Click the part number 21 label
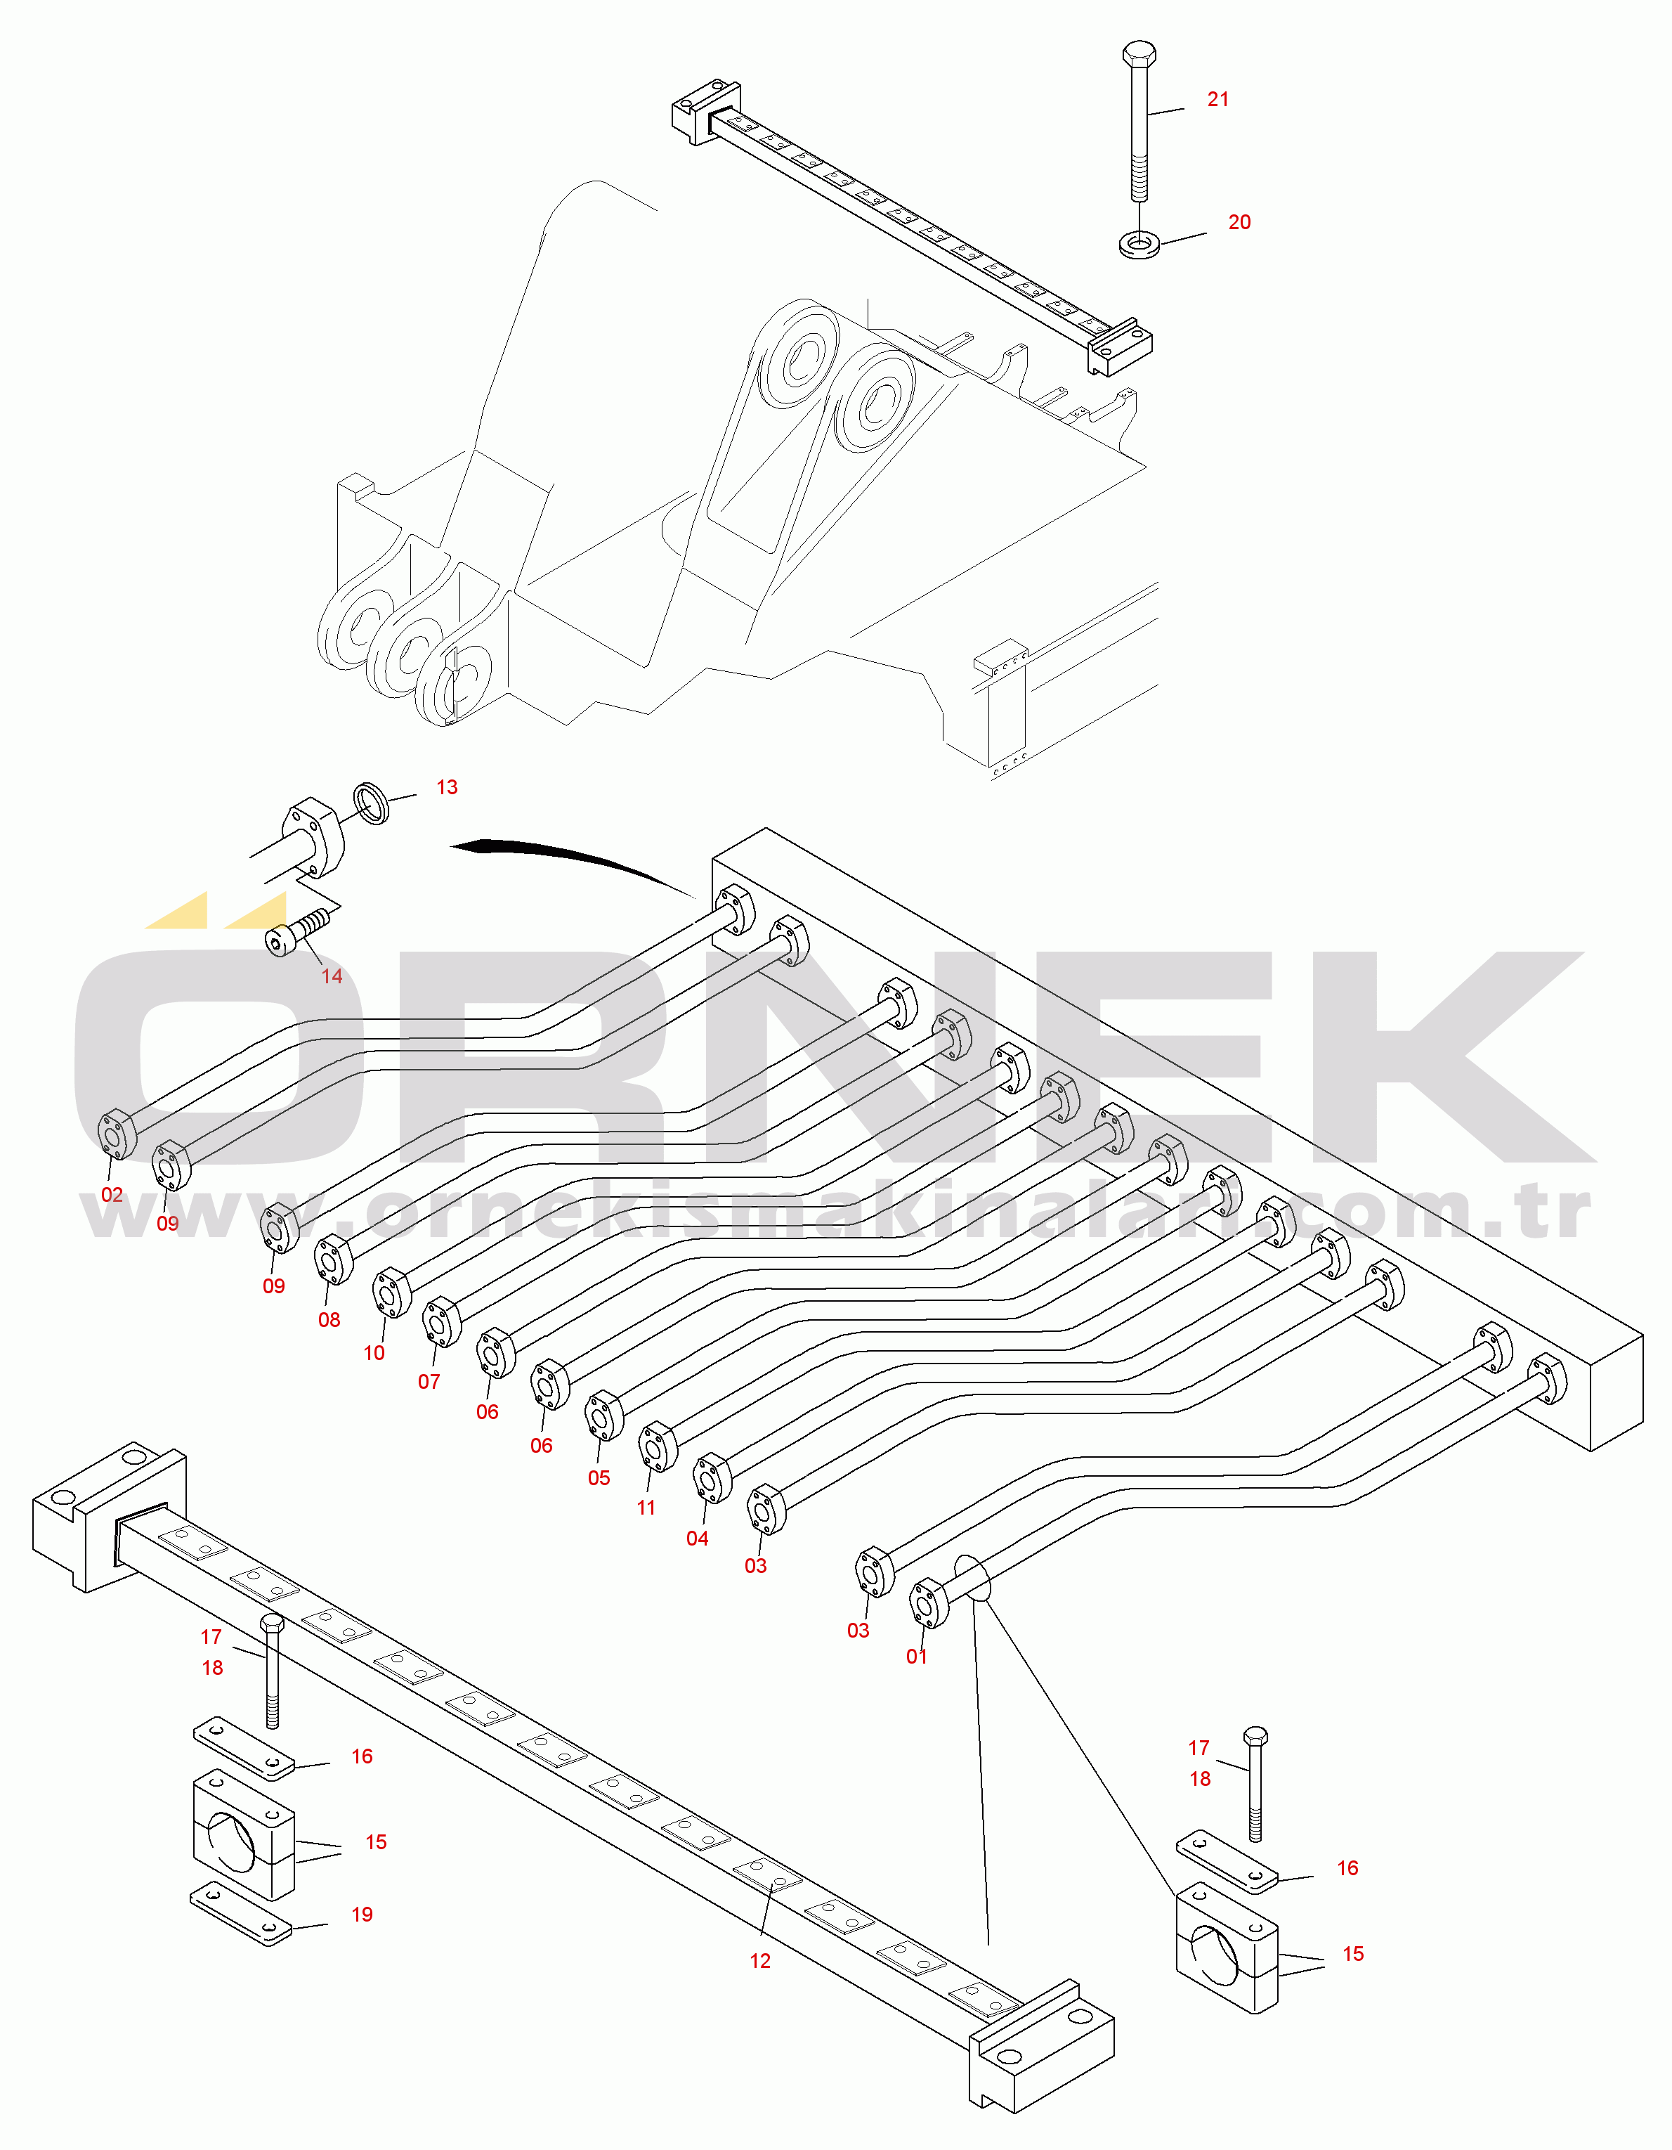coord(1218,99)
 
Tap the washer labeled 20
coord(1139,243)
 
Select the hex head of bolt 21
coord(1139,53)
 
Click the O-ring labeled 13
coord(371,803)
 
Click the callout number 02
coord(112,1195)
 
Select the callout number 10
coord(374,1354)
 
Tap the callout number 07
coord(429,1382)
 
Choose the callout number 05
coord(599,1479)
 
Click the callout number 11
coord(646,1508)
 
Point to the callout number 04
coord(698,1539)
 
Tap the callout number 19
coord(363,1915)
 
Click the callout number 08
coord(329,1320)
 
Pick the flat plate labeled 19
coord(241,1914)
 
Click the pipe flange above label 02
coord(117,1134)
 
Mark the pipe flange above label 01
coord(929,1602)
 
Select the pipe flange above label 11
coord(658,1447)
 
